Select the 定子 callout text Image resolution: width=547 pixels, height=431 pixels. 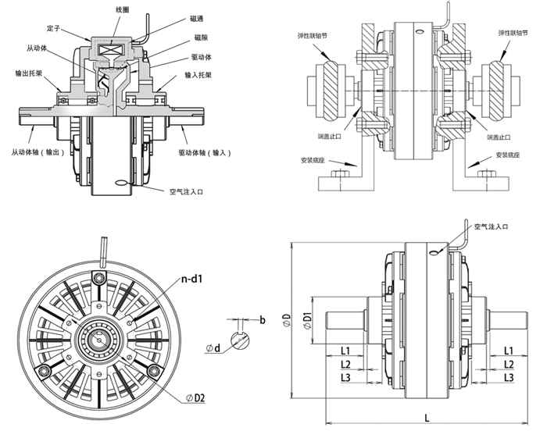click(x=54, y=29)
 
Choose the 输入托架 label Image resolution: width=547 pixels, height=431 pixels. click(x=199, y=75)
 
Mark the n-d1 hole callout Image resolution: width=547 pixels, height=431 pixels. click(x=195, y=277)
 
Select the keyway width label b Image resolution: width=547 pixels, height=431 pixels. click(x=263, y=321)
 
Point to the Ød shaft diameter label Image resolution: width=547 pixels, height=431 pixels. click(x=215, y=347)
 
